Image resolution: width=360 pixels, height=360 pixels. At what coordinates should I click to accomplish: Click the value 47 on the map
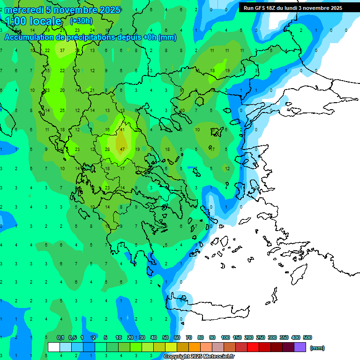(122, 150)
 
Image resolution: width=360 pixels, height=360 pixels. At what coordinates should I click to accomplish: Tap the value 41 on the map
(122, 129)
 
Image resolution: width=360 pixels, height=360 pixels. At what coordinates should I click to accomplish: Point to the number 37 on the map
(62, 50)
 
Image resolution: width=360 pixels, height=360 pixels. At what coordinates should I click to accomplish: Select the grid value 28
(107, 150)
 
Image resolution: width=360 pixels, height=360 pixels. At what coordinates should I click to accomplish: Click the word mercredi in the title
(24, 10)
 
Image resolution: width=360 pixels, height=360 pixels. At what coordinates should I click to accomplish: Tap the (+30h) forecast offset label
(81, 21)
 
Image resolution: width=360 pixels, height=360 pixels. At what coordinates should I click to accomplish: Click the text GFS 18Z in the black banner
(263, 8)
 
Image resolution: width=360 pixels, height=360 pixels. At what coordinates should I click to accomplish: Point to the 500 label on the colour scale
(307, 337)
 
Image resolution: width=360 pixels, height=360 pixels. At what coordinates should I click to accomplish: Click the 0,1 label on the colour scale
(60, 337)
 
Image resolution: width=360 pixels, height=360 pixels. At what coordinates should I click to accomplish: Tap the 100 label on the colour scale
(225, 337)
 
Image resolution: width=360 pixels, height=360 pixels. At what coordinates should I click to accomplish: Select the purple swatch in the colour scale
(300, 347)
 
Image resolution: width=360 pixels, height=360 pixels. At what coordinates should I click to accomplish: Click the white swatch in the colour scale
(54, 347)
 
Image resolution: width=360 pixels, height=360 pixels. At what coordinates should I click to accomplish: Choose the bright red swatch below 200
(253, 347)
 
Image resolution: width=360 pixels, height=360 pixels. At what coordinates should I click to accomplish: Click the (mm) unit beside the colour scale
(317, 348)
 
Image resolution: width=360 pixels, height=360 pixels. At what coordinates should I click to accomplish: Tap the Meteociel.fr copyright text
(199, 357)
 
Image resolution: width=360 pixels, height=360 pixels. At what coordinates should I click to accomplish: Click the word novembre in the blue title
(75, 10)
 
